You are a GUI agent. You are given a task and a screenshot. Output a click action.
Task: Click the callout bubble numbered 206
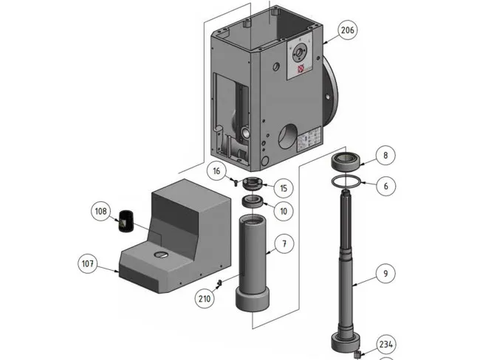click(348, 30)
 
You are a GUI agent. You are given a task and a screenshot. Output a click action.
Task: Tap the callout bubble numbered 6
click(385, 186)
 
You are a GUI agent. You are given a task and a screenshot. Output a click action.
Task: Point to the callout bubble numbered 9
click(385, 274)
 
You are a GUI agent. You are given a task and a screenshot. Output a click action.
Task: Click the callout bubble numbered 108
click(100, 212)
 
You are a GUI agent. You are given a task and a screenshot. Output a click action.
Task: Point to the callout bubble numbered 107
click(88, 262)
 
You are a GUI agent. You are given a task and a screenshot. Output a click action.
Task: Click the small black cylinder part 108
click(126, 220)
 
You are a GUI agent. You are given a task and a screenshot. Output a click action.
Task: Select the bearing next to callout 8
click(347, 161)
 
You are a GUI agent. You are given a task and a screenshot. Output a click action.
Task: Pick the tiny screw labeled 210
click(219, 283)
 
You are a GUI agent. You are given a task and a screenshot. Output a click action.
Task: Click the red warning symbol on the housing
click(301, 70)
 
